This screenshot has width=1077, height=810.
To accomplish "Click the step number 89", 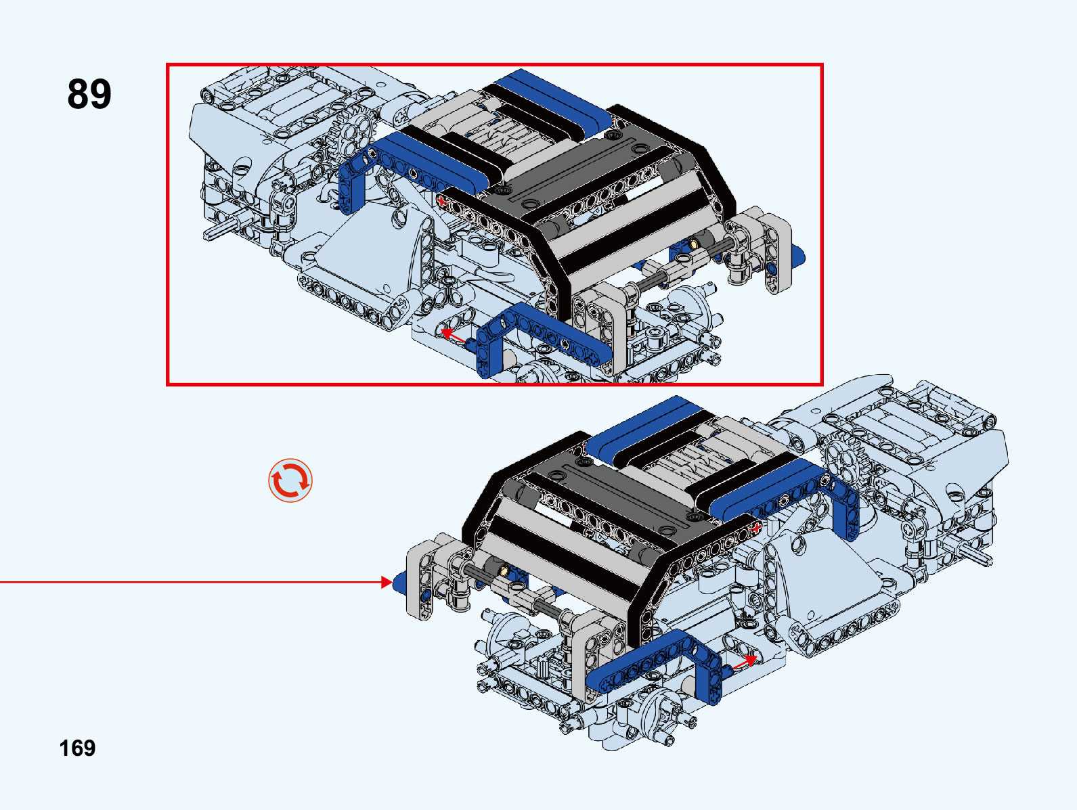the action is point(89,93).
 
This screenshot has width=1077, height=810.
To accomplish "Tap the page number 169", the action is point(77,748).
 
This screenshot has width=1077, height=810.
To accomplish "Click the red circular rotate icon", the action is point(290,480).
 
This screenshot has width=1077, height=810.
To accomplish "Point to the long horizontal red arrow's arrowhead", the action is point(387,582).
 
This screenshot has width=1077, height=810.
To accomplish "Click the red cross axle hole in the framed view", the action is point(443,200).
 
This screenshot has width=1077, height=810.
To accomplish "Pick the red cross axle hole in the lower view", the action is point(756,528).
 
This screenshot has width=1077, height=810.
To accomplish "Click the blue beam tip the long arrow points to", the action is point(399,582).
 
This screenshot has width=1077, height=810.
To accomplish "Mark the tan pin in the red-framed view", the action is point(694,242).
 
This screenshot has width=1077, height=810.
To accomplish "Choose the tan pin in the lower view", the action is point(504,570).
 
